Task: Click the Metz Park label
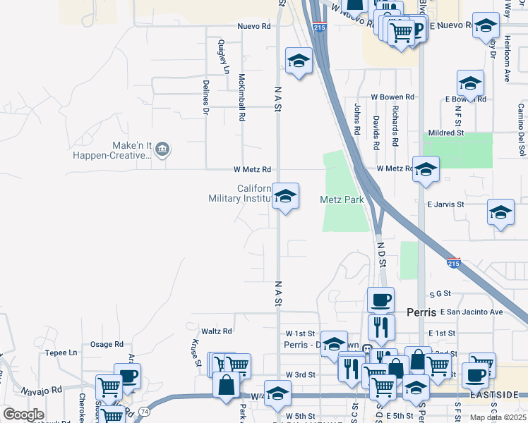click(x=342, y=200)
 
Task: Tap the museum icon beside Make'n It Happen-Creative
click(x=162, y=149)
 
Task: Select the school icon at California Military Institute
click(x=285, y=195)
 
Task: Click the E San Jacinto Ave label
click(x=471, y=312)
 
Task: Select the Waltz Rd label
click(x=216, y=331)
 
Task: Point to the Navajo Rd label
click(x=41, y=388)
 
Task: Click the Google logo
click(x=23, y=415)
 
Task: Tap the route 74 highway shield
click(x=145, y=410)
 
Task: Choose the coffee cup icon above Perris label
click(x=380, y=300)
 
